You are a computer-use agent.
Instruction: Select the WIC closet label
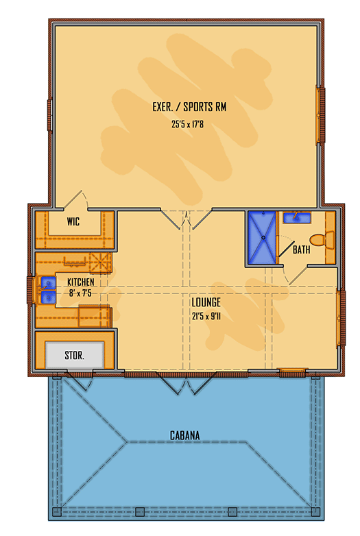click(x=74, y=222)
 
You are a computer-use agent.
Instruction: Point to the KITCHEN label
click(x=80, y=282)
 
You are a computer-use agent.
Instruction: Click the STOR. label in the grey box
click(x=74, y=356)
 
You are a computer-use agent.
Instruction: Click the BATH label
click(x=301, y=250)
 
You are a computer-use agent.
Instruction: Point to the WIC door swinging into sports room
click(x=77, y=199)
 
